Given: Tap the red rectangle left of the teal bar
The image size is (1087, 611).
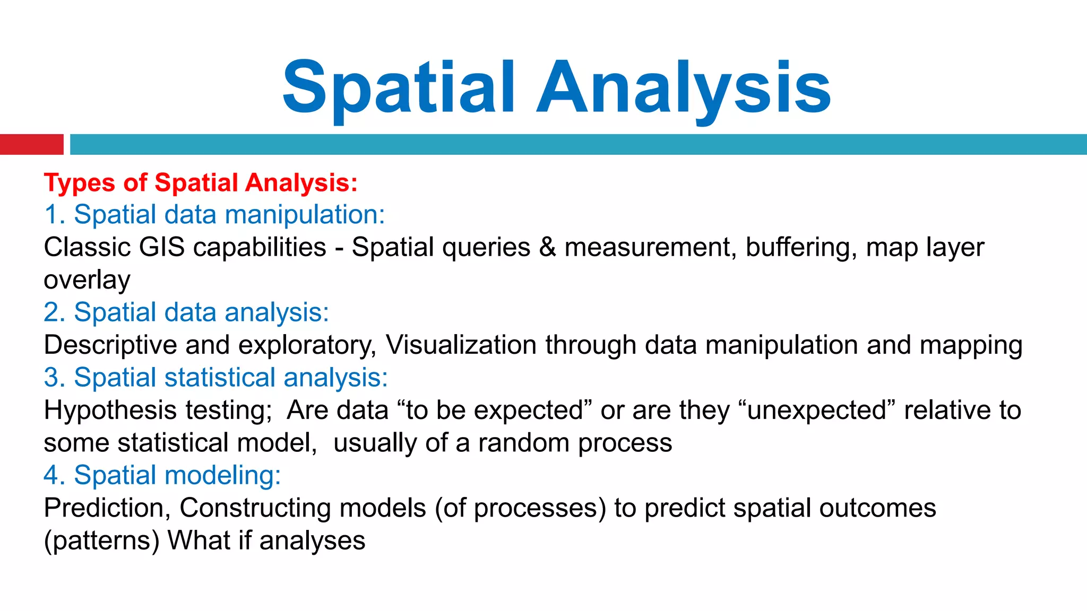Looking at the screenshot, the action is click(x=31, y=144).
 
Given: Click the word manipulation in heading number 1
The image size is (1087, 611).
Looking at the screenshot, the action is click(x=305, y=215).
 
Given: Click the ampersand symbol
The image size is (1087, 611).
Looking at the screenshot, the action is click(x=547, y=248).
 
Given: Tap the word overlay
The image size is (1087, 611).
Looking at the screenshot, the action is click(x=87, y=281).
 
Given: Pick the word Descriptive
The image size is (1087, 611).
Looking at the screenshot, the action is click(x=110, y=345).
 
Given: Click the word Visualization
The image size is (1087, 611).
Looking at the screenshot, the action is click(x=461, y=345).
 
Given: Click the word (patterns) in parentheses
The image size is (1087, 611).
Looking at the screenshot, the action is click(x=101, y=541).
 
